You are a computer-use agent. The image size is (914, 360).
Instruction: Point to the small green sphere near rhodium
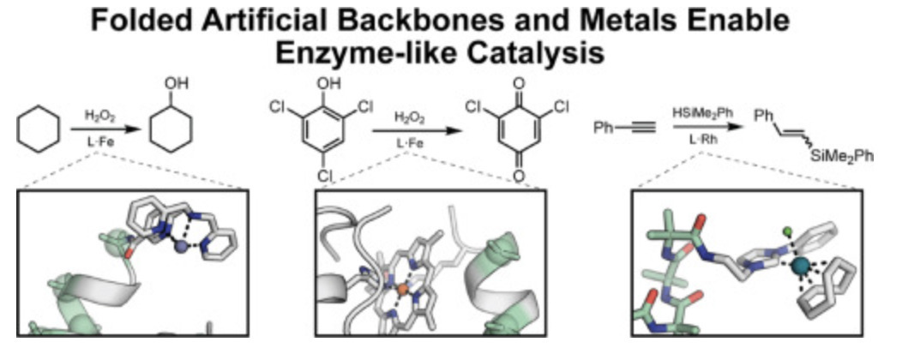pyautogui.click(x=787, y=230)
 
